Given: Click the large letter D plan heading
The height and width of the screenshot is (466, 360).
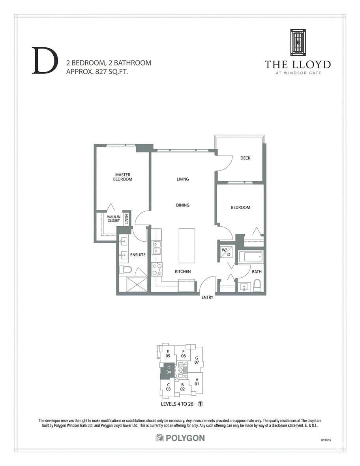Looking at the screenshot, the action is coord(43,61).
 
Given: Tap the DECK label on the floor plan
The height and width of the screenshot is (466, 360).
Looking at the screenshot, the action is coord(246,158).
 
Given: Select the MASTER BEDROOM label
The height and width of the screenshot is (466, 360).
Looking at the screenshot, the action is coord(123,177).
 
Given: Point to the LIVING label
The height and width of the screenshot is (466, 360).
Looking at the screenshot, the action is coord(183,179).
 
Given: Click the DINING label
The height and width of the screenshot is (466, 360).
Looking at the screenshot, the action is coord(183,205).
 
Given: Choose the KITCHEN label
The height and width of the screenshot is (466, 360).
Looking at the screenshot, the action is coord(183,271).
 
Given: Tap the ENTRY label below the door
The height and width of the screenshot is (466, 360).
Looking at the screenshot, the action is coord(207,297).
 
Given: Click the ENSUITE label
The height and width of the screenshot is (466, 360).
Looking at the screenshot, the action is coord(138,255).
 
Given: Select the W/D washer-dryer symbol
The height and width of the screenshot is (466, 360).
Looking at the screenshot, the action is coord(226,252).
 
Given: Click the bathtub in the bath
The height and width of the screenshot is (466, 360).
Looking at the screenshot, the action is coord(250,257).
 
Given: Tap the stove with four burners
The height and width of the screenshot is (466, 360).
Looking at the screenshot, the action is coord(157,270).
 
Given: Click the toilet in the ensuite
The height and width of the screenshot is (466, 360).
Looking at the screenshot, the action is coord(126,270).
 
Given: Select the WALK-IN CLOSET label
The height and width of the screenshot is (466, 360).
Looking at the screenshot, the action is coord(113,219).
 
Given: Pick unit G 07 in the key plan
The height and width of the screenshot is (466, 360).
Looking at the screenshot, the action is coord(196,360).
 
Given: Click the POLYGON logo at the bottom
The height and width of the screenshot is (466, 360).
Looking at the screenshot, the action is coord(180,438).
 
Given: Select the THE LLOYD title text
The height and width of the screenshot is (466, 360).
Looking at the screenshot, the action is coord(298,64).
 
